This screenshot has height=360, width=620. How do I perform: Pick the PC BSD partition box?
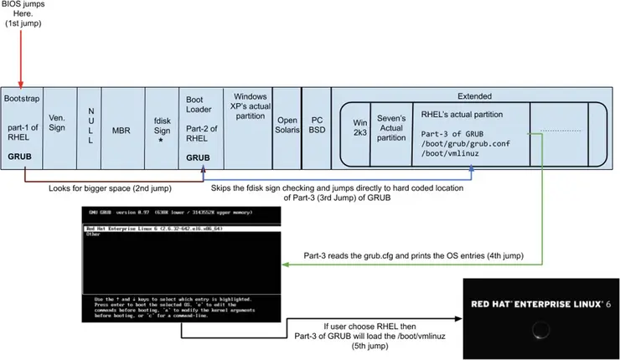click(x=316, y=126)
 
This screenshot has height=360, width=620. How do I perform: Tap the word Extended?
click(x=475, y=96)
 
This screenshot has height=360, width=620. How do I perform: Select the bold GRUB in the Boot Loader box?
click(x=199, y=156)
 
